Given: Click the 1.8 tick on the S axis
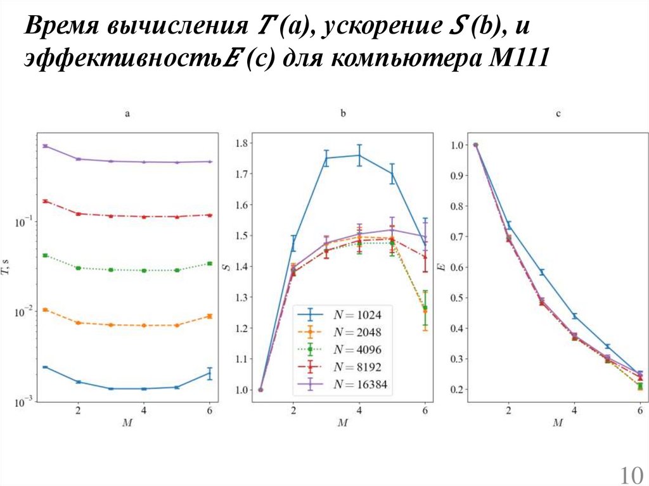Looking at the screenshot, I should [241, 143].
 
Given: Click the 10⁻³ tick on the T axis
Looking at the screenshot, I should [25, 401].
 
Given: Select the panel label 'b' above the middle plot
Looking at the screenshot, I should [343, 114].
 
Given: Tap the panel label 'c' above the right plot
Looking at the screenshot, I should [558, 114].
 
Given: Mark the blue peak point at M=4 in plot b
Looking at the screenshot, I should [359, 155].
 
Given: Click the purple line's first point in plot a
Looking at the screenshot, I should [45, 146].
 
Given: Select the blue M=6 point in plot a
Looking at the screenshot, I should [210, 373].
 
